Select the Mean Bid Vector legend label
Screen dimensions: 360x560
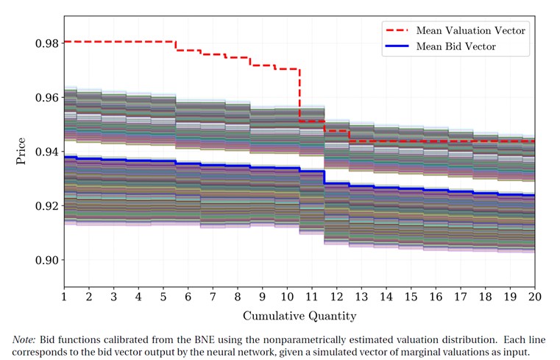456,46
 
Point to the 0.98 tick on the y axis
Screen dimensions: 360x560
46,43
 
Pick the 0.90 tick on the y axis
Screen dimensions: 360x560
46,260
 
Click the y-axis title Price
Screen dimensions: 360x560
21,151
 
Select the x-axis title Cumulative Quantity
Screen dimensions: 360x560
300,317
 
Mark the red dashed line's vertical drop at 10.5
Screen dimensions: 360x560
300,93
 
